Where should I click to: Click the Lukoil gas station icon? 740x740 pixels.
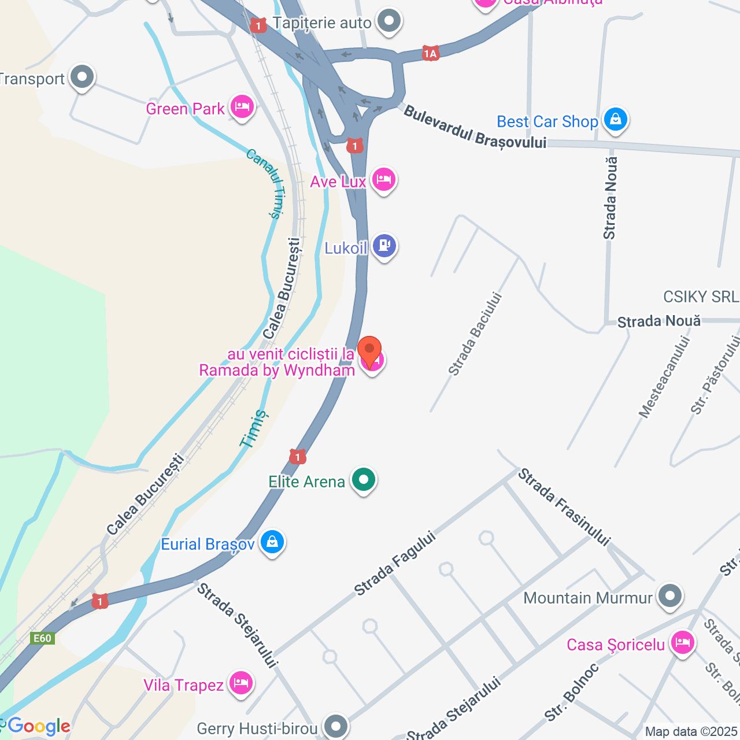tap(384, 246)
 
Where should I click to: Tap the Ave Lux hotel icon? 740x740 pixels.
tap(383, 180)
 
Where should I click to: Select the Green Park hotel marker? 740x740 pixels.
tap(242, 107)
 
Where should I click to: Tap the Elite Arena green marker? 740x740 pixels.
tap(364, 480)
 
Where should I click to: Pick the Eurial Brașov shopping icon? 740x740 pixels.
tap(272, 542)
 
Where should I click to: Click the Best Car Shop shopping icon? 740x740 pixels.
tap(615, 120)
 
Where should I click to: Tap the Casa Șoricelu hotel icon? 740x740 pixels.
tap(683, 642)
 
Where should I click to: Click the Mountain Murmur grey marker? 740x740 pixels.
tap(671, 595)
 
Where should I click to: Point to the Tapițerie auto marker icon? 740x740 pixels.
tap(389, 21)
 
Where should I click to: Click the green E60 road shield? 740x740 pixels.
tap(42, 638)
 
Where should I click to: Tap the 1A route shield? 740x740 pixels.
tap(430, 54)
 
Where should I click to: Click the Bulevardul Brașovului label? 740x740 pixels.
tap(475, 128)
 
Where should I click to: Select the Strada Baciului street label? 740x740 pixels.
tap(475, 334)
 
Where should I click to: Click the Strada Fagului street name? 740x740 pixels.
tap(395, 563)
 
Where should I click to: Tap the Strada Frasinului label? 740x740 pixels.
tap(564, 507)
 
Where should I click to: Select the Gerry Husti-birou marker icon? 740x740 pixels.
tap(336, 726)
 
